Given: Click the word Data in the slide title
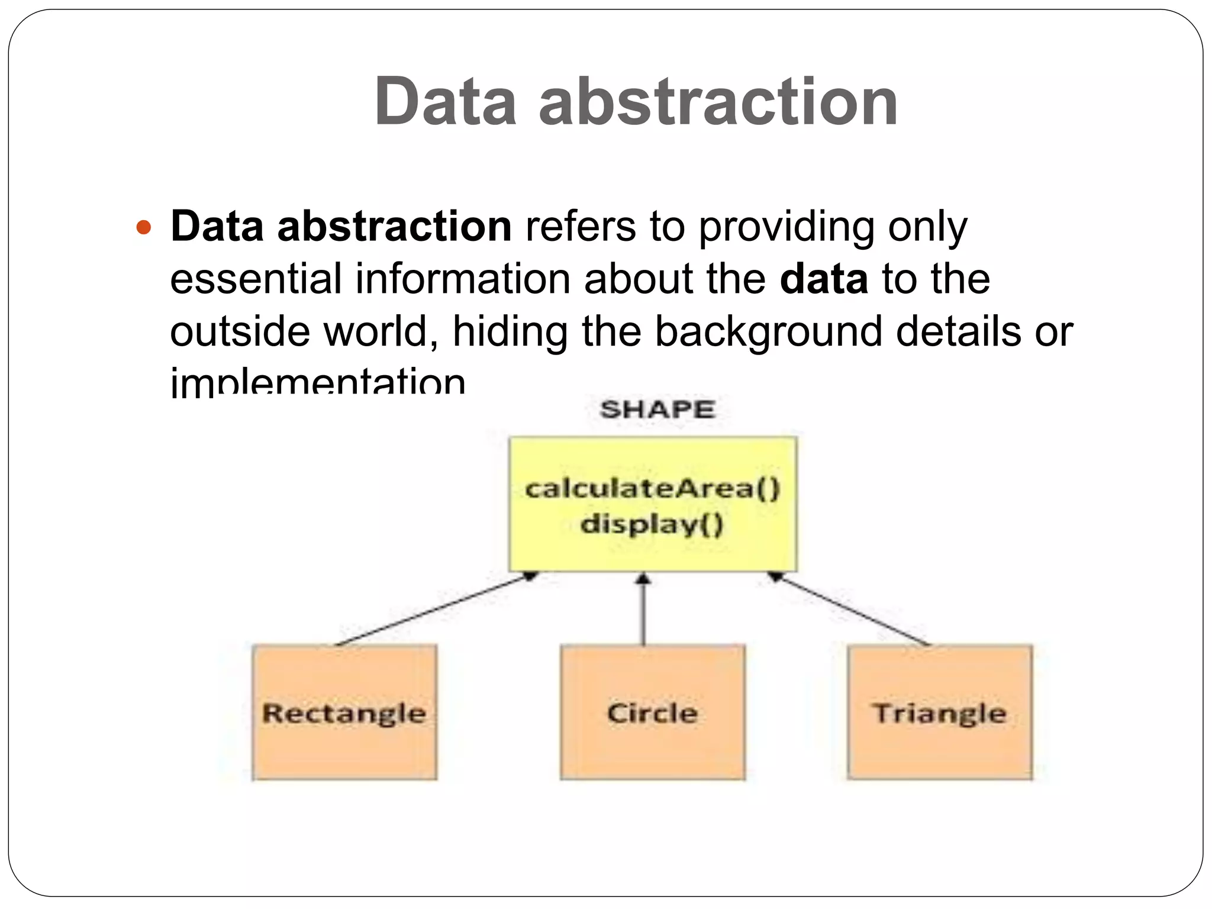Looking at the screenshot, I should pos(445,102).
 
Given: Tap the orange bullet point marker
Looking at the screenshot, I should pos(144,227).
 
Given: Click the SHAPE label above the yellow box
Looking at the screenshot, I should pos(657,410).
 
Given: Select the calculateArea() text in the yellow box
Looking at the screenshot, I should pos(652,489).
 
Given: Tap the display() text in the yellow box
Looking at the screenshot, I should pos(652,524).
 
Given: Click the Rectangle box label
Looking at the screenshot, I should pos(344,713).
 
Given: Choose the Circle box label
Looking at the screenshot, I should pos(652,713).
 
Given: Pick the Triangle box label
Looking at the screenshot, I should pos(940,713).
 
